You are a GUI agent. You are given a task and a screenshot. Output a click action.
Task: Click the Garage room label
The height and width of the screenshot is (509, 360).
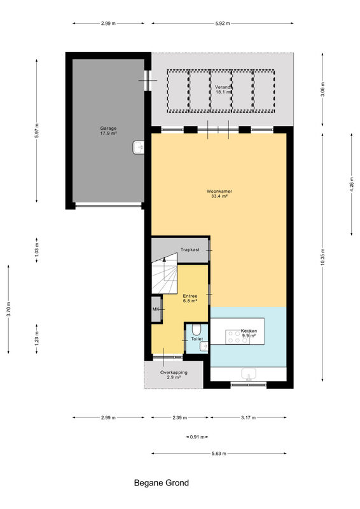click(x=108, y=130)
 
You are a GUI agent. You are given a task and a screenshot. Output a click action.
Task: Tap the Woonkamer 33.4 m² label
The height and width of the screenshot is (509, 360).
click(x=219, y=193)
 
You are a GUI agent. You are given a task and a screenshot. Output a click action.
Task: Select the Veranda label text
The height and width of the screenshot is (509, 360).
click(x=224, y=89)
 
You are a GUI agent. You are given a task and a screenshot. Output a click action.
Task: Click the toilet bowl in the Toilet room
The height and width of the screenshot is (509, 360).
click(x=196, y=330)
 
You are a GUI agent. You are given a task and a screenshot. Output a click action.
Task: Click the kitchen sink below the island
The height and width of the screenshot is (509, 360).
click(x=249, y=374)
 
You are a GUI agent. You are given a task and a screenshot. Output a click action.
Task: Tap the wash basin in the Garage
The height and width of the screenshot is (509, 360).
click(x=138, y=148)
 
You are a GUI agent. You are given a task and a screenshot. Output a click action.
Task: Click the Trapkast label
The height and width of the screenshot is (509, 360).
click(x=190, y=249)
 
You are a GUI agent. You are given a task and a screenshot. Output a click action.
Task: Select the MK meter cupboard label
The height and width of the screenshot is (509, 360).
click(x=156, y=309)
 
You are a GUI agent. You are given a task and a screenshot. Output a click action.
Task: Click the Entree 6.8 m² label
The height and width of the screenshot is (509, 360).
click(x=190, y=298)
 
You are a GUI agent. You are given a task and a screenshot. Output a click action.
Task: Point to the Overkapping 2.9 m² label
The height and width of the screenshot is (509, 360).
click(x=174, y=375)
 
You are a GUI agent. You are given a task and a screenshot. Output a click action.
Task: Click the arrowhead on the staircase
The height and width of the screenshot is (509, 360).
click(x=164, y=259)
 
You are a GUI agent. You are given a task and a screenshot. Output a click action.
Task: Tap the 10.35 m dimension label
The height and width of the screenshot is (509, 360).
click(x=322, y=257)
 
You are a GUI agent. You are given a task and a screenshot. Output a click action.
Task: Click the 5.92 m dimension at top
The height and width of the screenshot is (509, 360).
click(x=223, y=24)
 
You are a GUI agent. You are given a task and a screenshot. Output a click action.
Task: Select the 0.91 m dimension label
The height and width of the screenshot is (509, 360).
click(x=197, y=437)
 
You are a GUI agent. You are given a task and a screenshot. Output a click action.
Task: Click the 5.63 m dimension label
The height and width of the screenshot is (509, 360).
click(x=219, y=454)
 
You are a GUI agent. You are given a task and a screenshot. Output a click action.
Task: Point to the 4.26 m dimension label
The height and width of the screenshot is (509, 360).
click(x=352, y=184)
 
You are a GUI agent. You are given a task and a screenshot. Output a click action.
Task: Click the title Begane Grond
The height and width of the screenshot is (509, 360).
click(x=162, y=483)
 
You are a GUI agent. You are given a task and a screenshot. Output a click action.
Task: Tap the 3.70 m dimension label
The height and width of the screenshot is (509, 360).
click(x=8, y=309)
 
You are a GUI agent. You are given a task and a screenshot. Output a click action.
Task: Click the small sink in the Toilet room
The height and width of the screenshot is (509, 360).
click(x=204, y=347)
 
